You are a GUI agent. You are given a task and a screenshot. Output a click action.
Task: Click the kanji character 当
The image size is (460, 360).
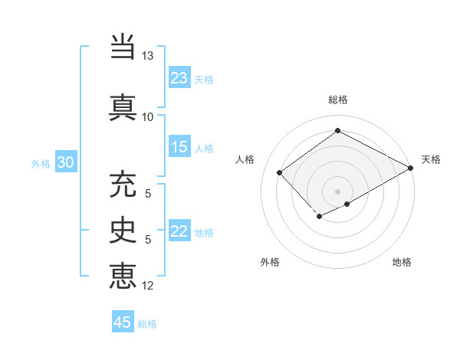tap(123, 47)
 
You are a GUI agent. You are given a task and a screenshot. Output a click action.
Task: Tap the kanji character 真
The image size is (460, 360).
tap(123, 106)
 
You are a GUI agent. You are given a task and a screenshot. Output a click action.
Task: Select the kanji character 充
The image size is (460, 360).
tap(123, 186)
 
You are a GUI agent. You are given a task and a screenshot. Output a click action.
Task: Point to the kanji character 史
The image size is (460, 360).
tap(123, 231)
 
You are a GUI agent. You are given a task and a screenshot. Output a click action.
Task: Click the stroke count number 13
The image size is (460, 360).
tap(148, 57)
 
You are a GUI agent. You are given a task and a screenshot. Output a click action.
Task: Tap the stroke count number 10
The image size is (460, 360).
tap(148, 117)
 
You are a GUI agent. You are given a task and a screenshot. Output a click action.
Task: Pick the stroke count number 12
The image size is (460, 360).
tap(148, 286)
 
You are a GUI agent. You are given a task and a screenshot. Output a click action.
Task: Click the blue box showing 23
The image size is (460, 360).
tap(179, 78)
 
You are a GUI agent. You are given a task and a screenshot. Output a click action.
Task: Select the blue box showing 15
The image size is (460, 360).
tap(179, 147)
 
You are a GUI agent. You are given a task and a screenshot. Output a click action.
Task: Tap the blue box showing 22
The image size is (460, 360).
tap(179, 231)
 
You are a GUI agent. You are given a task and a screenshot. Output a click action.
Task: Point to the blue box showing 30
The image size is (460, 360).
tap(66, 162)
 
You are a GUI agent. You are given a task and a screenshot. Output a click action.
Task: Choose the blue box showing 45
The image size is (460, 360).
tap(123, 322)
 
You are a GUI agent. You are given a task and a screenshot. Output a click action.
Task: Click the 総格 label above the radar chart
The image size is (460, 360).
tap(338, 100)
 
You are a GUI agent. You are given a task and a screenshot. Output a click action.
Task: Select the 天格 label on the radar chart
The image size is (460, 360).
tap(432, 159)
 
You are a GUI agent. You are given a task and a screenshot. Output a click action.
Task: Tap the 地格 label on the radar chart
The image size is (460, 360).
tap(402, 262)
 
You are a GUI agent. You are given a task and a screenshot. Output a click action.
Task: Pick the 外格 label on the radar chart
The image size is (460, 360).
tap(270, 262)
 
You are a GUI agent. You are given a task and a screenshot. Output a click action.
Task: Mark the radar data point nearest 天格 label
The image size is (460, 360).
tap(412, 168)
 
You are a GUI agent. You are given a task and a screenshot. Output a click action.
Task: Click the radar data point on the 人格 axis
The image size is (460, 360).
tap(280, 173)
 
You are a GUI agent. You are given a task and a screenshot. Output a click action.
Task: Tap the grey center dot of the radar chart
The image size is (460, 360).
tap(337, 191)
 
